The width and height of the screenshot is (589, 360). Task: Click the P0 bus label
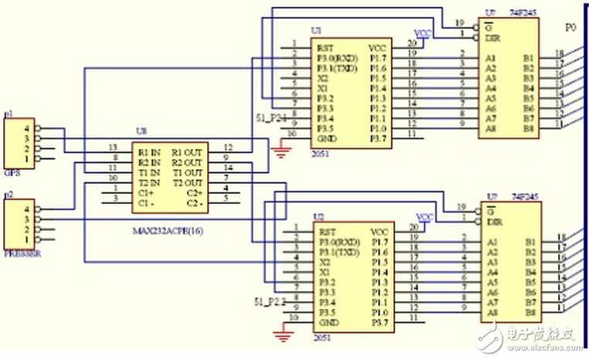click(x=570, y=27)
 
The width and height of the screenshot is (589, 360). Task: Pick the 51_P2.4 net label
click(x=271, y=118)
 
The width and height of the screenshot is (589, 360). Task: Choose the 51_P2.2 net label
click(x=271, y=300)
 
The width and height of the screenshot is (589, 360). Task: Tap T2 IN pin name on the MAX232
click(x=150, y=183)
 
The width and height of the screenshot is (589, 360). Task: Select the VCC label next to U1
click(x=423, y=34)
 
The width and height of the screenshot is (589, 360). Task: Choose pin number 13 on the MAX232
click(x=114, y=148)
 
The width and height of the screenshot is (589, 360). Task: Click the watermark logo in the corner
click(x=530, y=335)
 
